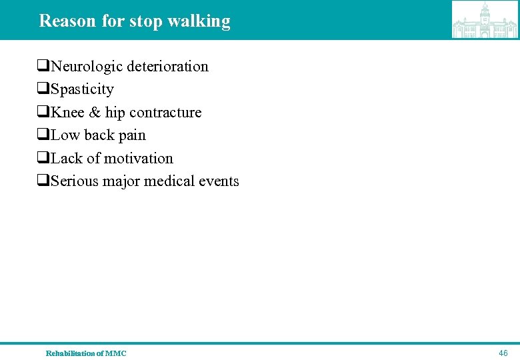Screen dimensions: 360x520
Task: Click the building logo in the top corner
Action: coord(485,20)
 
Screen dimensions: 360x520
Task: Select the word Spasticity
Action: coord(82,89)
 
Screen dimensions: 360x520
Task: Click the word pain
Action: coord(132,135)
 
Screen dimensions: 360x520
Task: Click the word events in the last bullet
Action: coord(219,181)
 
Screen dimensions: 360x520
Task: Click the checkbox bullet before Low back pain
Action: coord(43,135)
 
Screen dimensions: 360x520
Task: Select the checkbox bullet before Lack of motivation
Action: coord(43,159)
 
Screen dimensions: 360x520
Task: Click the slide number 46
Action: coord(503,353)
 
